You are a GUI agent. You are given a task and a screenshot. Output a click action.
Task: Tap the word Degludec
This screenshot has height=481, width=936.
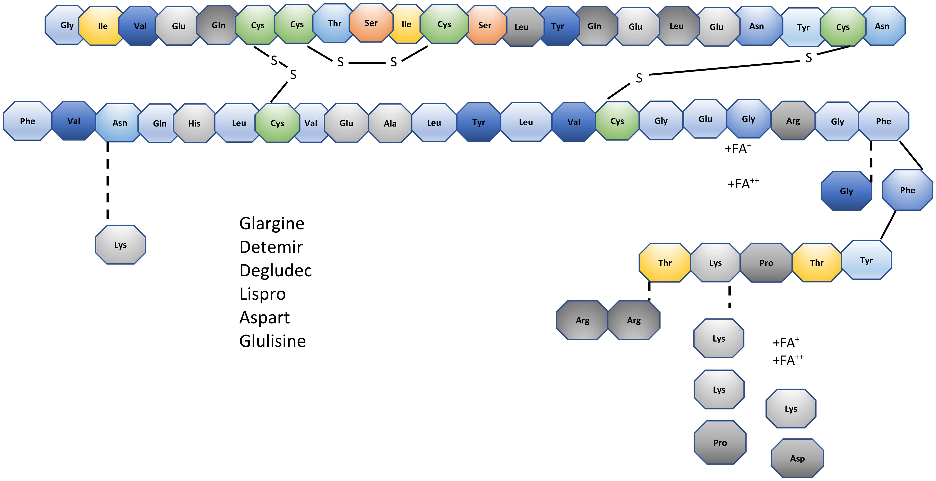tap(275, 271)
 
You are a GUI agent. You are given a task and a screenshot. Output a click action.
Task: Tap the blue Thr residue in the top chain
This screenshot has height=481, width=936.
tap(334, 24)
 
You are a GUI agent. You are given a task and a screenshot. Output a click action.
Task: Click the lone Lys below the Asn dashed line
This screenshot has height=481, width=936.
tap(120, 245)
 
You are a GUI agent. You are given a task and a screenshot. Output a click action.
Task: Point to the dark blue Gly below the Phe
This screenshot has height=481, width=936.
tap(846, 191)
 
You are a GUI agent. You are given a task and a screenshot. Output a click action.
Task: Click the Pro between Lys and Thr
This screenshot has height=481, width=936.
tap(766, 263)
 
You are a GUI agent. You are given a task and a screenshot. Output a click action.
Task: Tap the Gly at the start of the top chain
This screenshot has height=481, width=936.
tap(66, 25)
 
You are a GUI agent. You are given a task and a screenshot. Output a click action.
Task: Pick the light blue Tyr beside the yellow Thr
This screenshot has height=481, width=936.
tap(866, 260)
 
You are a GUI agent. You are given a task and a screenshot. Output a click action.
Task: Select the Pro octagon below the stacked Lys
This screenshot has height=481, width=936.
tap(720, 442)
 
